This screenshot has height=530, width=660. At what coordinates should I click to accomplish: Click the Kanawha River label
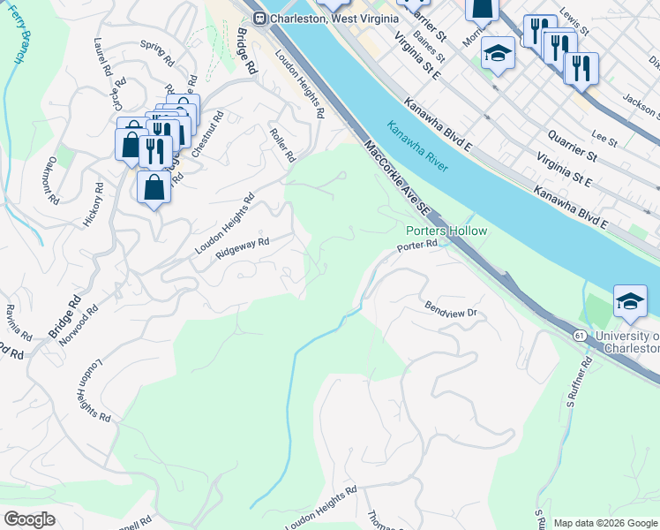tap(417, 147)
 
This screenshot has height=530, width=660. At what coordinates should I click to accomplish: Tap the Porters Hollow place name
tap(446, 231)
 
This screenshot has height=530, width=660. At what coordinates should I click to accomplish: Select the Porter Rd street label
tap(417, 246)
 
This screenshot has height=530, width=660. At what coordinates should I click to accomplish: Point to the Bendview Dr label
tap(450, 312)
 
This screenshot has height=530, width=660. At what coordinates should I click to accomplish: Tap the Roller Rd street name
tap(282, 143)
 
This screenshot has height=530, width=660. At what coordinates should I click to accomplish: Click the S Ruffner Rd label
tap(578, 379)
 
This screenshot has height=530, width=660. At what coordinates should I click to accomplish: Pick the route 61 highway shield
tap(579, 336)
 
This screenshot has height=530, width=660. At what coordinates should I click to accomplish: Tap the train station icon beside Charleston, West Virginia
tap(259, 19)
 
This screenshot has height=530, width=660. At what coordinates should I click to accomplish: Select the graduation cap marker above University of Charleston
tap(630, 300)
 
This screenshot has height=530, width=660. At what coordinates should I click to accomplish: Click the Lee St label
tap(604, 139)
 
